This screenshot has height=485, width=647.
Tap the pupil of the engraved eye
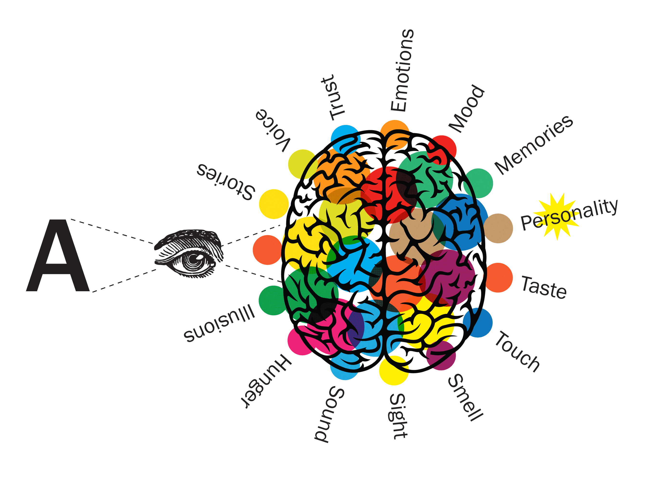pyautogui.click(x=194, y=259)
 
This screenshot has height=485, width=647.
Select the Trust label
pyautogui.click(x=333, y=97)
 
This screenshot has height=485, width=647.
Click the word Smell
pyautogui.click(x=465, y=398)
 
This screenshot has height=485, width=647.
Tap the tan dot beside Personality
pyautogui.click(x=498, y=228)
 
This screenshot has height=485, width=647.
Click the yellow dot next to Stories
pyautogui.click(x=274, y=204)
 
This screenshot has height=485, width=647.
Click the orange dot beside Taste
pyautogui.click(x=498, y=278)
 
